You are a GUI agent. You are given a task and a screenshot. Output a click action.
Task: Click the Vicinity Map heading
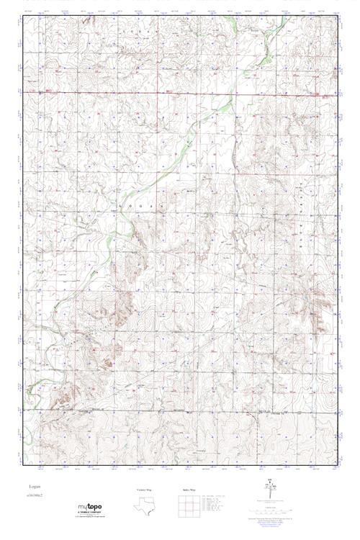tap(145, 490)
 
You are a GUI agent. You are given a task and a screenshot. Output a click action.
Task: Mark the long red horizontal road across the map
tap(180, 93)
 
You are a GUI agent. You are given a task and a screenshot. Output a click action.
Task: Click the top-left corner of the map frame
tap(23, 18)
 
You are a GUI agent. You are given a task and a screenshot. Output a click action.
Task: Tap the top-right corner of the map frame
tap(337, 18)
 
